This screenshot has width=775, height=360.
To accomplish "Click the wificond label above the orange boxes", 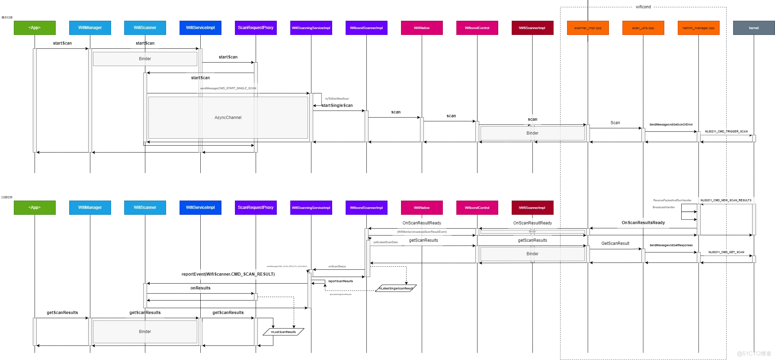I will point(643,7).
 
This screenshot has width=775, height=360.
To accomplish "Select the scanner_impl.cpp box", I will point(588,28).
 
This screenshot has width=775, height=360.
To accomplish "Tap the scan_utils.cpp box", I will point(643,28).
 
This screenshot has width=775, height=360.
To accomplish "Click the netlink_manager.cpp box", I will point(699,28).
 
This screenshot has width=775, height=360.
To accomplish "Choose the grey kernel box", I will point(754,28).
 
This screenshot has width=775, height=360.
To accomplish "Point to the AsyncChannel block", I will point(228,118).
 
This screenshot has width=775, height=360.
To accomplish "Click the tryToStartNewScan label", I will point(337,99).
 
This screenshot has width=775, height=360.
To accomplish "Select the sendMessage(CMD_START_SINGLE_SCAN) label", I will point(228,88).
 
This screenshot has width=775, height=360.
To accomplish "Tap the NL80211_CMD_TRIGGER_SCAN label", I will point(726,131).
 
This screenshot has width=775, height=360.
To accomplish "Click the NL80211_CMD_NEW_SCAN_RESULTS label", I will point(726,200).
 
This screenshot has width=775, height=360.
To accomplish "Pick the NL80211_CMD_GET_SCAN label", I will point(726,252).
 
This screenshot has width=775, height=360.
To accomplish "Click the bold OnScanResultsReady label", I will point(643,223).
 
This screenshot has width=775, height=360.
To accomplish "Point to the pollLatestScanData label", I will point(385,242).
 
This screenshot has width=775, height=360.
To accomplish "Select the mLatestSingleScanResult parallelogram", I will point(396,288).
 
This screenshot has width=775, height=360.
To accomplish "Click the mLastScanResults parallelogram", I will point(283,332).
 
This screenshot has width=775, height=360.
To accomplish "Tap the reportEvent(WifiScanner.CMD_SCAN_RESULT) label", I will point(228,274).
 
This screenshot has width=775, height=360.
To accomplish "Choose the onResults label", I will point(200,288).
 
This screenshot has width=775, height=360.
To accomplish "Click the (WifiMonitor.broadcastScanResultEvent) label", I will point(422,232).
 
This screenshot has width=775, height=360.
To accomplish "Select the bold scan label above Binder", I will point(532,119).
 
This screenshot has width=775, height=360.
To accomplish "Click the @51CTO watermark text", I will point(754,353).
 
